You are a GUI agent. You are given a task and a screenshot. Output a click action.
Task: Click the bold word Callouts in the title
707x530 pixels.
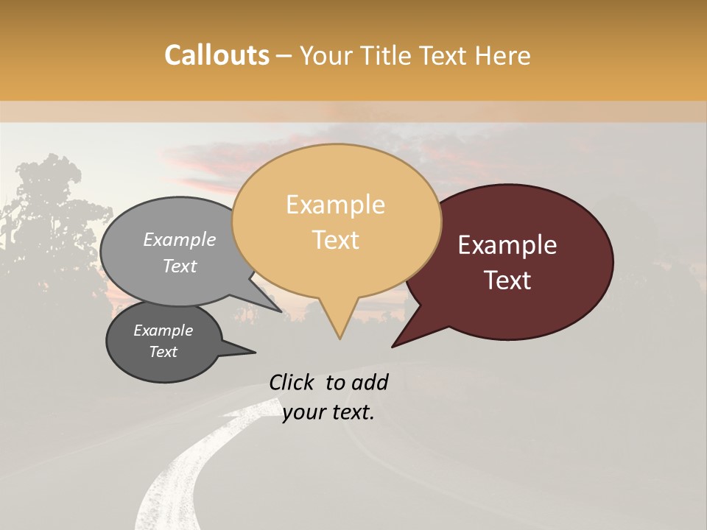click(x=217, y=55)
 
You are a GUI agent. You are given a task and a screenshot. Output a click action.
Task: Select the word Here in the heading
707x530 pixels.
click(x=502, y=56)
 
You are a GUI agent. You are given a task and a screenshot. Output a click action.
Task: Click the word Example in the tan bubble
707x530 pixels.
click(x=335, y=205)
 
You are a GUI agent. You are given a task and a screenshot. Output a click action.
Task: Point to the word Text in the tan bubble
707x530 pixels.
click(x=336, y=240)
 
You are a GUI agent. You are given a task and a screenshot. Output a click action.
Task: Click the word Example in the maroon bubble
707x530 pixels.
click(x=507, y=245)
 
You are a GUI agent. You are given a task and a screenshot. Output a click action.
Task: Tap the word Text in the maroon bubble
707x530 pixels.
click(x=508, y=280)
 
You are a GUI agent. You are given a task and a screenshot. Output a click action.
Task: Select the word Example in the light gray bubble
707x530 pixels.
click(x=179, y=239)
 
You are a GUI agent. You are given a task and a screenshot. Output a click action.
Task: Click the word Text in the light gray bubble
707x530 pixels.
click(x=180, y=266)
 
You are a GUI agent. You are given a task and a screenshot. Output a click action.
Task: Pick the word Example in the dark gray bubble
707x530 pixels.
click(x=163, y=331)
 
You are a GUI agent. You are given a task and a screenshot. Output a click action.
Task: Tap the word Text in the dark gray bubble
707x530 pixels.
click(x=163, y=352)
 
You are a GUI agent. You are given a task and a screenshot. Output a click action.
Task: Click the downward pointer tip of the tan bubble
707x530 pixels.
click(x=340, y=338)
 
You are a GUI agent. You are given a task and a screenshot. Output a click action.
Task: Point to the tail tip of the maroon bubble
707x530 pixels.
click(x=393, y=346)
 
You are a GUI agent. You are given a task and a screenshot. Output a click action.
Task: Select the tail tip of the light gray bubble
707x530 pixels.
click(x=281, y=311)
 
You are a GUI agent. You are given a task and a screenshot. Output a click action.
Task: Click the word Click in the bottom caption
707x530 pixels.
click(x=293, y=382)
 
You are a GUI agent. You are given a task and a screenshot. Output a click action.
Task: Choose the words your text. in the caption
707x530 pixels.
click(x=328, y=412)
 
